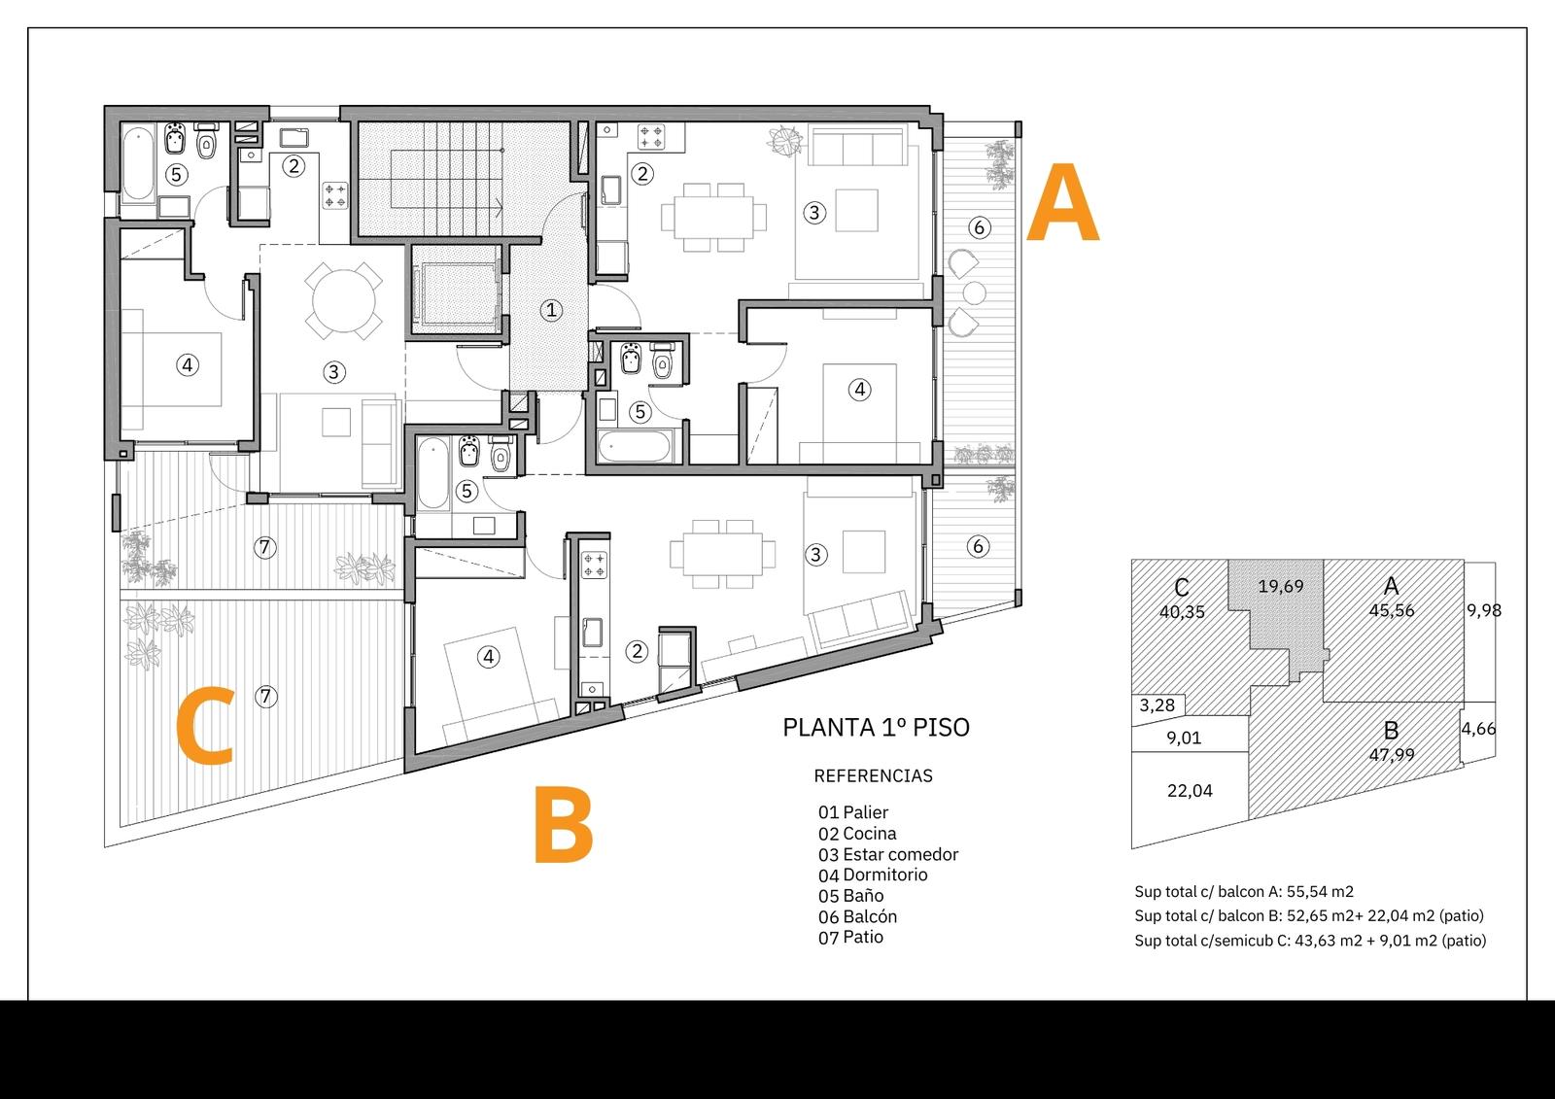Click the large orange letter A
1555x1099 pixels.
1062,202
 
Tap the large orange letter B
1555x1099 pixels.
564,825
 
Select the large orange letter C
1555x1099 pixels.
205,726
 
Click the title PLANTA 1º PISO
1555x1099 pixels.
876,727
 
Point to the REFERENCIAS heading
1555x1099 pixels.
874,775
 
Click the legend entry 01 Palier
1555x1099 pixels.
853,812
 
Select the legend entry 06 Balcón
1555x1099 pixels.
857,916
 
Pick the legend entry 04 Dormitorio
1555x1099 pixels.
873,875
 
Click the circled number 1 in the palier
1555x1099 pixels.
551,310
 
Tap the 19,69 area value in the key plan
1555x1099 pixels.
1281,586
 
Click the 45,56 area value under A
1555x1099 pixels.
1391,609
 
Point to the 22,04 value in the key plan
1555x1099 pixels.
1190,790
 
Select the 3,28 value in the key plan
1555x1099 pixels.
1158,704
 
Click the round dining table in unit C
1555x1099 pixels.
343,301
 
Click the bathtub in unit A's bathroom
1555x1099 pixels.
635,446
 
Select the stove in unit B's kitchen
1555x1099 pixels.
594,565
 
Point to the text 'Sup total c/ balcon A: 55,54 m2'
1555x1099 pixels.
1244,891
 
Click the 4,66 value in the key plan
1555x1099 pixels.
1478,728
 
